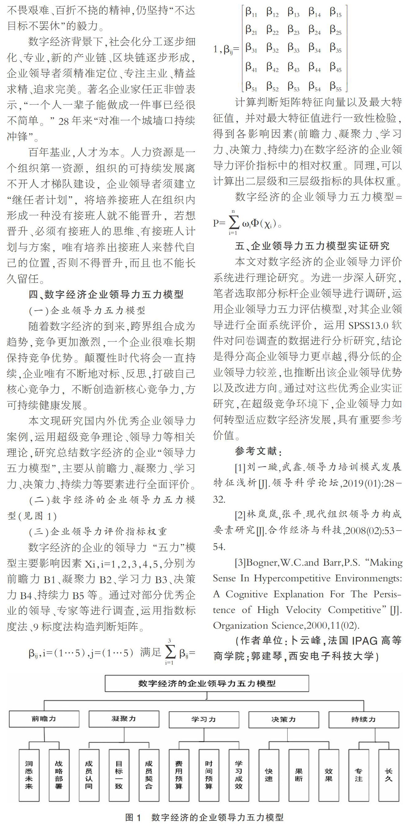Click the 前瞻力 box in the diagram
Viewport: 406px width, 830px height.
44,719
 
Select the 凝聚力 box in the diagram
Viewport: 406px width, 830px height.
124,719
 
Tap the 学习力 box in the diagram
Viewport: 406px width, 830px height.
204,719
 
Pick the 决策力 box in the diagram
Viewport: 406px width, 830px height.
284,719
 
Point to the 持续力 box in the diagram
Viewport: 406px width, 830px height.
364,719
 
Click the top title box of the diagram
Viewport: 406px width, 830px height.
207,683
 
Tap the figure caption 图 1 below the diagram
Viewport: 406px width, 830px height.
204,817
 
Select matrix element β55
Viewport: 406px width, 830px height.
335,86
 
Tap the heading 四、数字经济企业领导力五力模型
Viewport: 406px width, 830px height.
106,294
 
